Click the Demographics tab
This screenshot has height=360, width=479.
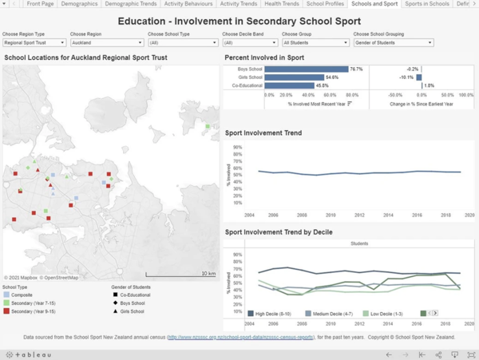[x=79, y=4]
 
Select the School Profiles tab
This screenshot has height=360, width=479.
[x=325, y=4]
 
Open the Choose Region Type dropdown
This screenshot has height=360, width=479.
[x=34, y=43]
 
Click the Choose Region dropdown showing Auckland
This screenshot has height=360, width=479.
[x=105, y=43]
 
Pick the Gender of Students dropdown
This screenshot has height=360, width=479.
[x=394, y=43]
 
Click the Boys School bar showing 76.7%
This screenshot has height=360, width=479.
[x=307, y=69]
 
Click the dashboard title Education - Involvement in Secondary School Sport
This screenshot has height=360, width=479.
[x=239, y=21]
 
